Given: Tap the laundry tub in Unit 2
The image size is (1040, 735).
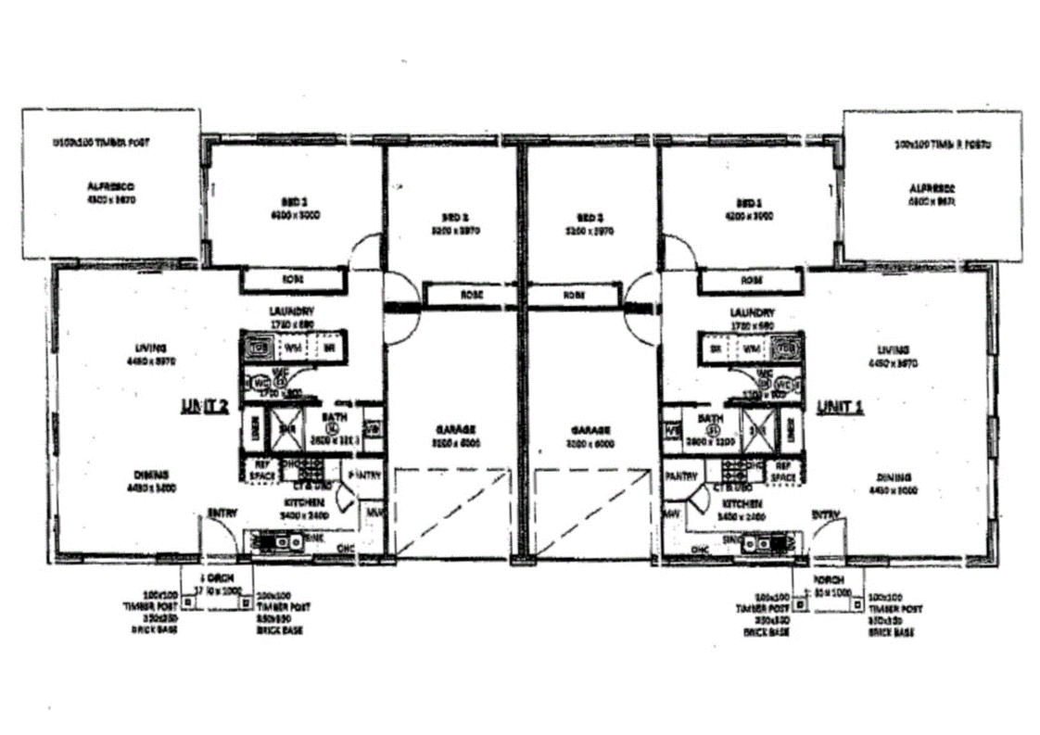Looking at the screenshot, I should point(260,348).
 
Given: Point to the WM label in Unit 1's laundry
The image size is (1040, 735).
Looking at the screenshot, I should point(751,349).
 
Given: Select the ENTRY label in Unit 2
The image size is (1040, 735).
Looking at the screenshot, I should point(222,512).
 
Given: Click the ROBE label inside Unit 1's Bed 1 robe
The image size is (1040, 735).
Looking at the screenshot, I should point(751,279).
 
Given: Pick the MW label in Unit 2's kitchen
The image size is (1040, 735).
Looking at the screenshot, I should point(374,511).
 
